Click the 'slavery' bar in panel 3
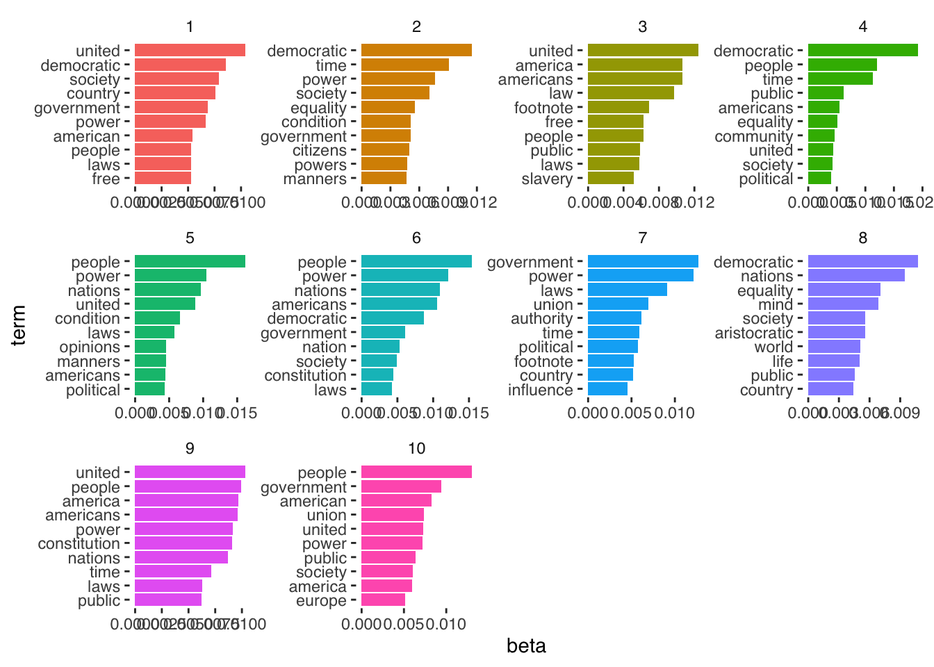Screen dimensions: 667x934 (610, 179)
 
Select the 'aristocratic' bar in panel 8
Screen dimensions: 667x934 (836, 333)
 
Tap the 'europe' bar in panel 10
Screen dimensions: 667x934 (383, 600)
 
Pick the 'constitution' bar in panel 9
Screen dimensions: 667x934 (183, 543)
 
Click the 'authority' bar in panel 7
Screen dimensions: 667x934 (614, 318)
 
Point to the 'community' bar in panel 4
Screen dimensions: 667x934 (821, 136)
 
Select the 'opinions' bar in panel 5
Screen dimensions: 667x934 (150, 347)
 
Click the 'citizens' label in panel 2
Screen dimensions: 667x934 (319, 150)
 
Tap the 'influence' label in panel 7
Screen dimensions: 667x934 (540, 390)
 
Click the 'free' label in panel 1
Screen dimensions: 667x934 (106, 179)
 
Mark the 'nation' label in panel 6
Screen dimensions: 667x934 (324, 347)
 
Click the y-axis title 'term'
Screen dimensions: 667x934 (19, 324)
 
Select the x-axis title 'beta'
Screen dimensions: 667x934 (526, 646)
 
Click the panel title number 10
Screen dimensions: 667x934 (416, 448)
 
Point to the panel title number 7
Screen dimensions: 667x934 (642, 238)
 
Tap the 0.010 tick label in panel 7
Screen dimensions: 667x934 (674, 413)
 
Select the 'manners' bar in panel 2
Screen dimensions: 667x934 (384, 179)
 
